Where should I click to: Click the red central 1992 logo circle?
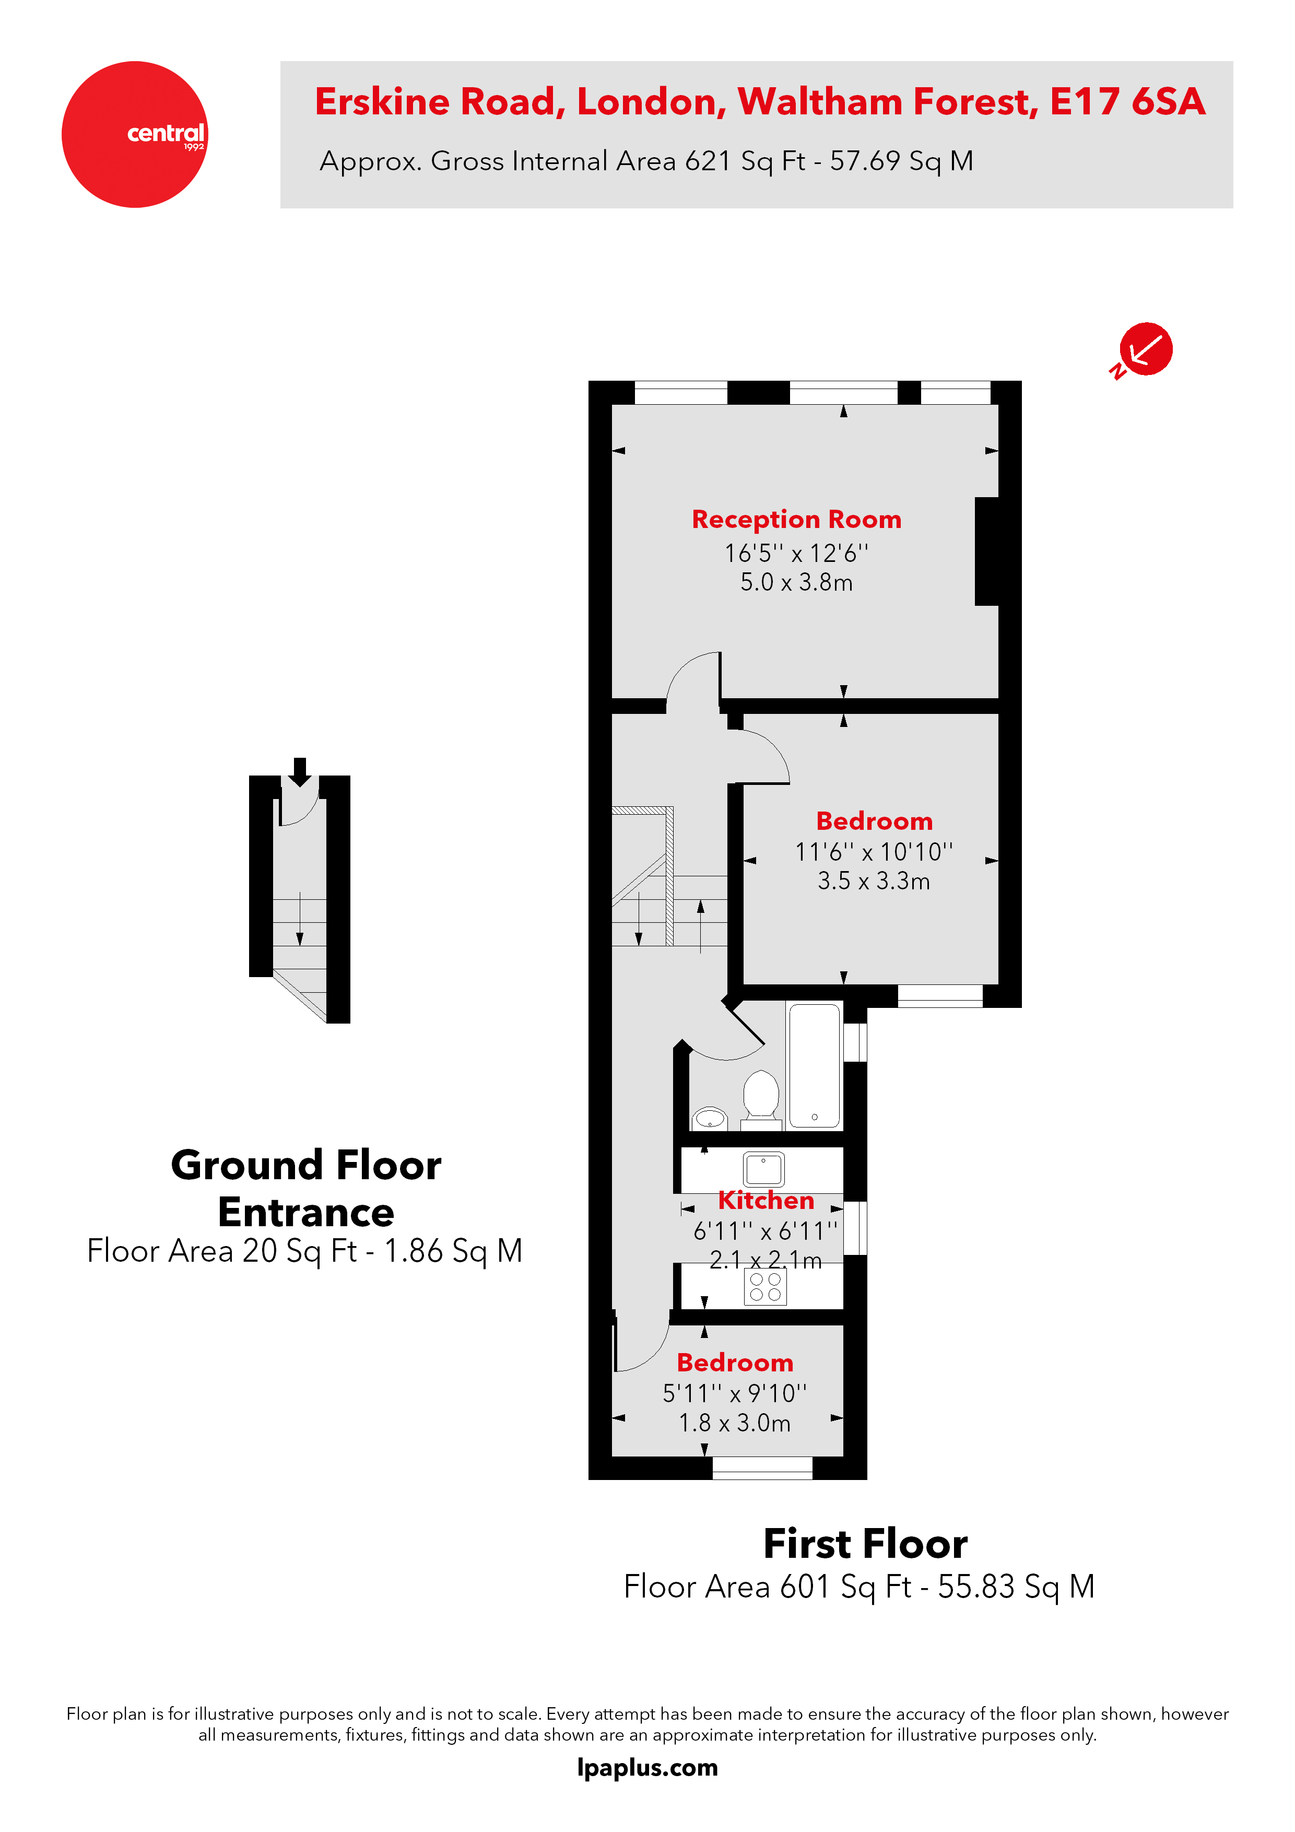pos(134,134)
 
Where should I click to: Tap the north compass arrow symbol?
pos(1144,349)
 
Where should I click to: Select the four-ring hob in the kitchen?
pos(765,1286)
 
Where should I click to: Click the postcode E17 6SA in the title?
pos(1127,102)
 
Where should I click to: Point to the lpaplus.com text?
pos(647,1767)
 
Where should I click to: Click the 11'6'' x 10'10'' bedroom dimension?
pos(874,852)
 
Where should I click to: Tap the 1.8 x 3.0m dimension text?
pos(734,1423)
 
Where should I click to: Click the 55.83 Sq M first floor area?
pos(1016,1586)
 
